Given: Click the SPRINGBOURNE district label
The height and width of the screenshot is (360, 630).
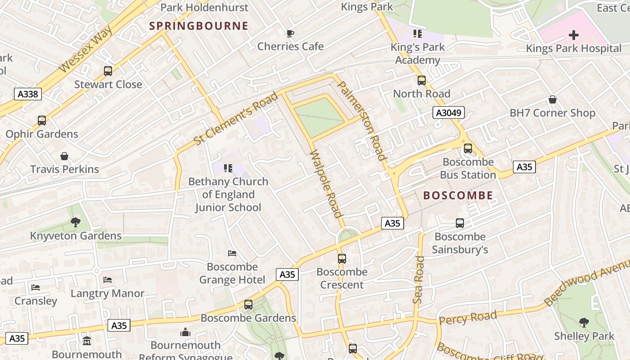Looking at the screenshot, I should click(x=198, y=26).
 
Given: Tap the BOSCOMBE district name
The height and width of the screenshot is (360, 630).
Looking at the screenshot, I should click(x=458, y=195).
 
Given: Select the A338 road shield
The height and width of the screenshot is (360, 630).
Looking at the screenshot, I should click(x=28, y=94).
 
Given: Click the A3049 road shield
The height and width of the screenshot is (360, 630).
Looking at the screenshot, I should click(x=448, y=112).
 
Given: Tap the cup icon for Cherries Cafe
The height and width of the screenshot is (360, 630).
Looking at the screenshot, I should click(x=290, y=33).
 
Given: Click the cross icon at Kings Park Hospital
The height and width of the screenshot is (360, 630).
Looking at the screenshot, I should click(x=573, y=35).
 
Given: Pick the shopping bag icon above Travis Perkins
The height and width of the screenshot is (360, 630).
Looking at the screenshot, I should click(x=64, y=156).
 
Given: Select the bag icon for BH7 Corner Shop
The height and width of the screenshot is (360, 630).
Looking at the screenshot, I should click(x=552, y=99).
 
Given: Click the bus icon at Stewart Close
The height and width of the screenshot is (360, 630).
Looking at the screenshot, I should click(x=108, y=71).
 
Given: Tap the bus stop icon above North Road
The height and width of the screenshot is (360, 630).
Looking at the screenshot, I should click(x=421, y=81).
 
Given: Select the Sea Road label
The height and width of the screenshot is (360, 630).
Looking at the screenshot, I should click(x=419, y=279).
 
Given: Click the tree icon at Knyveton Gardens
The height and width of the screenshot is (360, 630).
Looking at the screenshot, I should click(x=76, y=222).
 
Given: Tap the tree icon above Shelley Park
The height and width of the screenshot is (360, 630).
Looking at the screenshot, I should click(x=584, y=323).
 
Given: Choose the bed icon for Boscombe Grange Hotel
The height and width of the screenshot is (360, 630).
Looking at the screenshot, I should click(x=232, y=253).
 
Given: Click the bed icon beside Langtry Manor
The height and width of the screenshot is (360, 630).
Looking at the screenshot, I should click(x=108, y=280).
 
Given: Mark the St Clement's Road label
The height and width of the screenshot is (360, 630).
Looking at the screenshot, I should click(x=236, y=119).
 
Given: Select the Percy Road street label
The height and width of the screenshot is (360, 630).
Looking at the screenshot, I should click(x=468, y=317).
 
